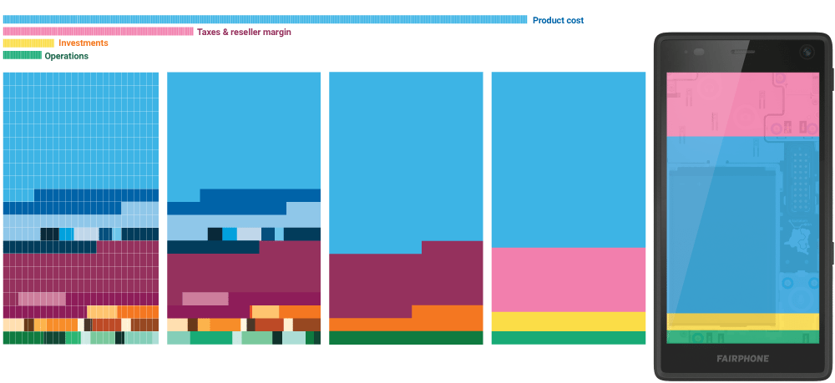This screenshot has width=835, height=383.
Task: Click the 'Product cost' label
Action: (x=558, y=20)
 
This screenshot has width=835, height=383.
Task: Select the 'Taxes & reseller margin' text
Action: (x=244, y=32)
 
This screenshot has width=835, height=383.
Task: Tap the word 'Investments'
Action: (x=83, y=43)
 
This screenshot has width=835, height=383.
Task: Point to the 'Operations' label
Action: (x=66, y=56)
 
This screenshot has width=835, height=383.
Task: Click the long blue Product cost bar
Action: (x=265, y=19)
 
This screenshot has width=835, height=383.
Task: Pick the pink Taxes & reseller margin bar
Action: (x=98, y=32)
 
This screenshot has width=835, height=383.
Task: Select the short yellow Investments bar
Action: (x=28, y=43)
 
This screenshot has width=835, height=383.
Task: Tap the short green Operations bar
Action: (x=22, y=55)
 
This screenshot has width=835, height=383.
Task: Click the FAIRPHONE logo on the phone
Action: (x=742, y=359)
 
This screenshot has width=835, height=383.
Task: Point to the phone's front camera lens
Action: (x=807, y=52)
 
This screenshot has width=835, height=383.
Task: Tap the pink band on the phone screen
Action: (x=742, y=103)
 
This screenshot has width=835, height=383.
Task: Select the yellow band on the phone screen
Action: (x=742, y=321)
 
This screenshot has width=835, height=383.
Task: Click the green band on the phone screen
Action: (x=742, y=336)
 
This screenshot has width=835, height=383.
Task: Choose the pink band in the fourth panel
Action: (x=568, y=280)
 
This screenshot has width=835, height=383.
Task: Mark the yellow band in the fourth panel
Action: (x=568, y=321)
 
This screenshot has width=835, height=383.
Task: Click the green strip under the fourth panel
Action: (x=568, y=338)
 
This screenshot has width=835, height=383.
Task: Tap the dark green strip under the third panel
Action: (x=406, y=338)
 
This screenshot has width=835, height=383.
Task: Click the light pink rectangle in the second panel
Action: (x=205, y=299)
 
